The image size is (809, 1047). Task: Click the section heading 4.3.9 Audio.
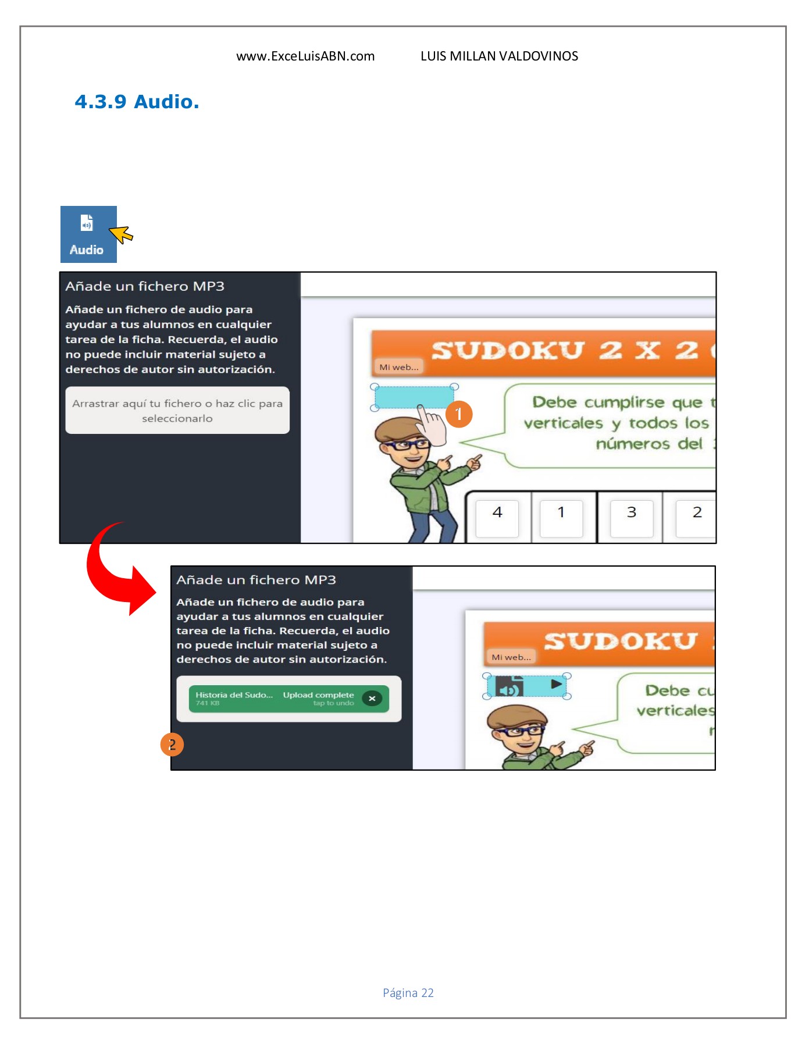pos(137,102)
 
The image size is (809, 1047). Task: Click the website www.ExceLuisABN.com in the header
pos(305,56)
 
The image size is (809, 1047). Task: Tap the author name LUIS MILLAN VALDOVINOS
pos(499,56)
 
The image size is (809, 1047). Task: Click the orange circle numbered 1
pos(459,414)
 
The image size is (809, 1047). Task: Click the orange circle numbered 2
pos(172,745)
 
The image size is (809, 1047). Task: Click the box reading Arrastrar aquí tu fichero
pos(177,411)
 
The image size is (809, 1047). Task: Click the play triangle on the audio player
pos(557,684)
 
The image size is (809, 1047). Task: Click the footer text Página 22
pos(408,993)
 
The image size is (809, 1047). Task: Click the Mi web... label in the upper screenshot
pos(399,367)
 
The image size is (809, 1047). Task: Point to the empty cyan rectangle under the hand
pos(407,396)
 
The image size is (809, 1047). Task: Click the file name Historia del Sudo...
pos(234,695)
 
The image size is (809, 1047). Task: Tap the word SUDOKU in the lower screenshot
pos(620,641)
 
